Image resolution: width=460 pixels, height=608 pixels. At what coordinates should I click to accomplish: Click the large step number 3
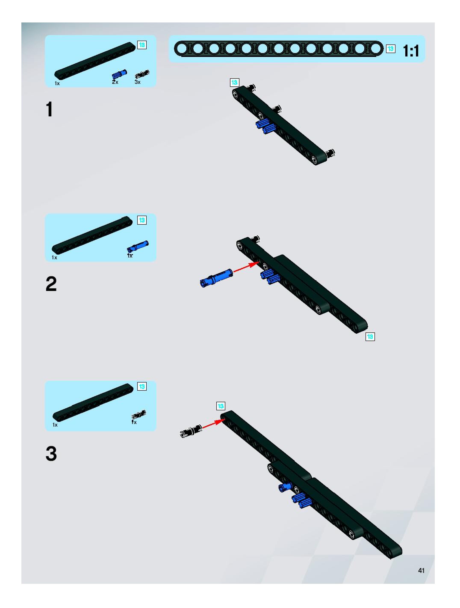pyautogui.click(x=51, y=454)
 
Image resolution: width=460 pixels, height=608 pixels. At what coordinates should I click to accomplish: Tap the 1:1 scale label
pyautogui.click(x=411, y=51)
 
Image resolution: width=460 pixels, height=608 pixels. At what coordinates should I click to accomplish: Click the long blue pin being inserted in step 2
pyautogui.click(x=216, y=278)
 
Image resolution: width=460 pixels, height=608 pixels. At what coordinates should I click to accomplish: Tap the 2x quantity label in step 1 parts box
pyautogui.click(x=115, y=82)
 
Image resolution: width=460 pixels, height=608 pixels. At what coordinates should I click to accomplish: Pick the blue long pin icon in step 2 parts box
pyautogui.click(x=138, y=246)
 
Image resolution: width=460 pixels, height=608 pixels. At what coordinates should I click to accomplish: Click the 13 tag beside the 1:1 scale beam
pyautogui.click(x=391, y=49)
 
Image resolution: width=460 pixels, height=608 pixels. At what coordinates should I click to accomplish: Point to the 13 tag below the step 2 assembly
pyautogui.click(x=370, y=337)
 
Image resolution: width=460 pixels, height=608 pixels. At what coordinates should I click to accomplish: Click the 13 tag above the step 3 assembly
pyautogui.click(x=221, y=406)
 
